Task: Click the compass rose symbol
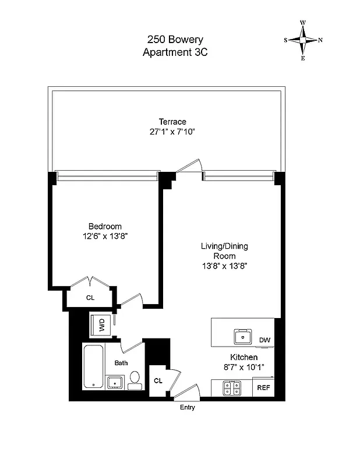(303, 40)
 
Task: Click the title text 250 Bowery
(175, 40)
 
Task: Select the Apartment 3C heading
(175, 52)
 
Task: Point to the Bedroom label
(105, 226)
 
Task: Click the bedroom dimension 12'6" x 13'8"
(105, 236)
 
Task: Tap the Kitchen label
(243, 357)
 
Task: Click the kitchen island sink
(242, 336)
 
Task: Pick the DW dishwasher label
(265, 340)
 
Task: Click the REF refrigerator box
(263, 387)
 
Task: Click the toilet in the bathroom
(134, 379)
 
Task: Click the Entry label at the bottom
(187, 407)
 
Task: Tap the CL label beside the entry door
(158, 380)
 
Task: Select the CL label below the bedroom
(90, 298)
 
